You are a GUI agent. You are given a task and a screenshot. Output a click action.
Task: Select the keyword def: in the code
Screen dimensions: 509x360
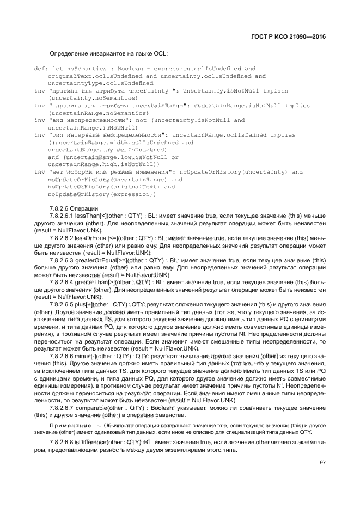pyautogui.click(x=41, y=69)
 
